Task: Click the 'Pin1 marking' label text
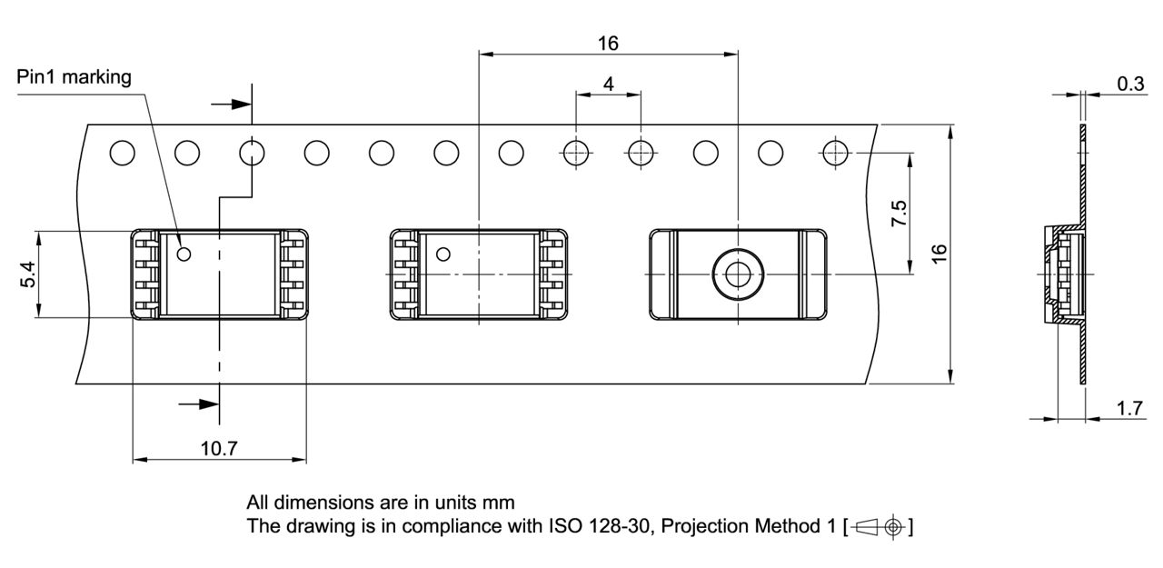point(74,77)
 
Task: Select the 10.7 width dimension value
point(218,447)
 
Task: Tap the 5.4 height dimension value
point(27,274)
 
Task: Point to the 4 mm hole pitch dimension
point(608,84)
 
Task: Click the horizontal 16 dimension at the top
point(608,43)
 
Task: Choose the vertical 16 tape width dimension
point(939,254)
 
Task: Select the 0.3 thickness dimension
point(1129,84)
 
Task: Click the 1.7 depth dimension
point(1129,409)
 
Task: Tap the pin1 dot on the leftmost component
point(184,254)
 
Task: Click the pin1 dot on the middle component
point(443,254)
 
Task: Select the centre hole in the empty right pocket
point(737,274)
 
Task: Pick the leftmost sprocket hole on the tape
point(122,154)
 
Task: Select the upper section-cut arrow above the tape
point(231,104)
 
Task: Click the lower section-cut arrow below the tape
point(198,404)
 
